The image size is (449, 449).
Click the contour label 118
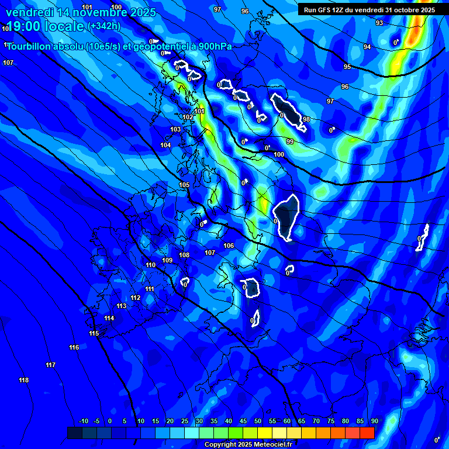(x=23, y=381)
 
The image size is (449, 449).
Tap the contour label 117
(x=51, y=365)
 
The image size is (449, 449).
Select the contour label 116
(x=74, y=348)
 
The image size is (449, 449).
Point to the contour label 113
(x=121, y=306)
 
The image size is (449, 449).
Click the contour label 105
(x=184, y=185)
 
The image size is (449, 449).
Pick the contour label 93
(x=379, y=23)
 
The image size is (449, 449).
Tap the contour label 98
(x=306, y=119)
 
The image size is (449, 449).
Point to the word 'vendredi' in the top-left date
(x=30, y=12)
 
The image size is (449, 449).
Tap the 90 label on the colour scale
(x=374, y=422)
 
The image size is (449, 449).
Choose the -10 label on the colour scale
(x=83, y=422)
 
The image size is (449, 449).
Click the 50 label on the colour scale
(x=258, y=422)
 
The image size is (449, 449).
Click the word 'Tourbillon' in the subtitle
(x=30, y=46)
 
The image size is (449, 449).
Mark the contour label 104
(x=166, y=145)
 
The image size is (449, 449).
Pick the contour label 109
(x=167, y=260)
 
